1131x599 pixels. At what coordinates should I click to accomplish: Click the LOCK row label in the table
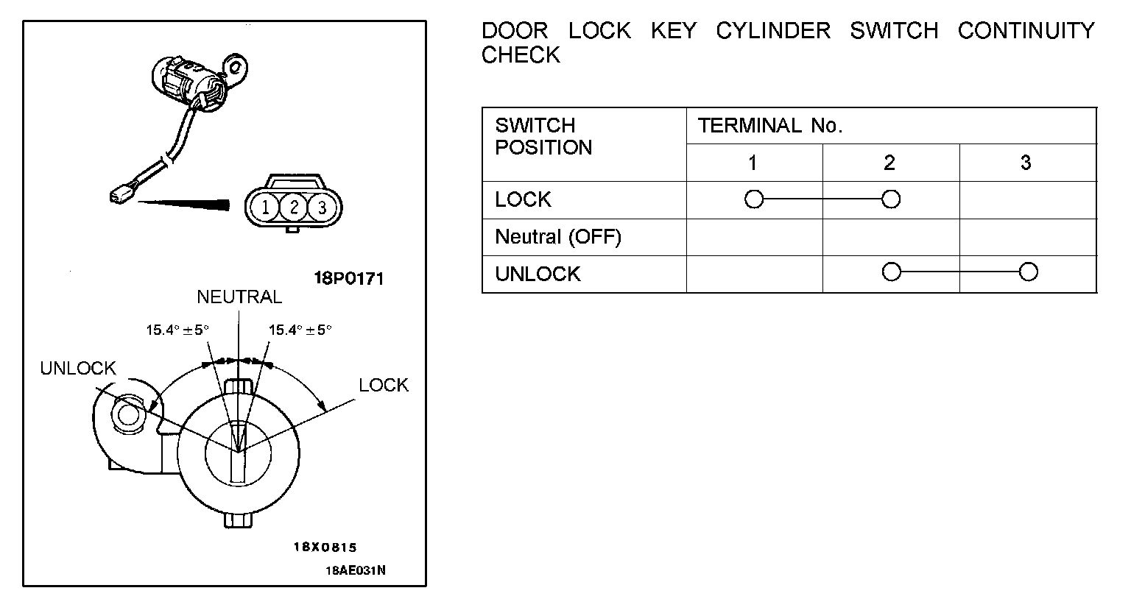pyautogui.click(x=523, y=199)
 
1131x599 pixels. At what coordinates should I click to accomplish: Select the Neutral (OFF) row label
pyautogui.click(x=558, y=237)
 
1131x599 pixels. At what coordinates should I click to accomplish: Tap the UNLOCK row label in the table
pyautogui.click(x=538, y=274)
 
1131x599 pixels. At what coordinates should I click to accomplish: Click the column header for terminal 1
pyautogui.click(x=753, y=163)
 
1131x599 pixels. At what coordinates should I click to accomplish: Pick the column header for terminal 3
pyautogui.click(x=1026, y=163)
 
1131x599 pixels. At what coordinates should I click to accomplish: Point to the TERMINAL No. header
pyautogui.click(x=769, y=126)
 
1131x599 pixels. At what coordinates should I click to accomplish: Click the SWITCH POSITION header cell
pyautogui.click(x=543, y=136)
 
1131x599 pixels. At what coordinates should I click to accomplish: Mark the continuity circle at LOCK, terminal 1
pyautogui.click(x=754, y=199)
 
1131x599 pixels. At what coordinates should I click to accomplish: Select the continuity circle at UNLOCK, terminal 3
pyautogui.click(x=1028, y=272)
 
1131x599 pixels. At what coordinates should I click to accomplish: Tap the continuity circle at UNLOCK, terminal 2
pyautogui.click(x=891, y=272)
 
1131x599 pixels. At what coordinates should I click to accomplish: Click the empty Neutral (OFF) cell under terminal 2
pyautogui.click(x=891, y=237)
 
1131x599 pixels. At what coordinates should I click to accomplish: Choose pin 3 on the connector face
pyautogui.click(x=322, y=208)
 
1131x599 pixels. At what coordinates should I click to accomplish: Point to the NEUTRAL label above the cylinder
pyautogui.click(x=239, y=297)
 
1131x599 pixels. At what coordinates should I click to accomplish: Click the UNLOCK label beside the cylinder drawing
pyautogui.click(x=78, y=368)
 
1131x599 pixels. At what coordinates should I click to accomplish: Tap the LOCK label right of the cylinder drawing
pyautogui.click(x=383, y=385)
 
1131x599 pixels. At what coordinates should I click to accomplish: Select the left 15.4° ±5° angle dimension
pyautogui.click(x=177, y=330)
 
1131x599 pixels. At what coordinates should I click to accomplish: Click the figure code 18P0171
pyautogui.click(x=348, y=279)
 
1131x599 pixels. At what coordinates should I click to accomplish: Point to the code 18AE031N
pyautogui.click(x=356, y=570)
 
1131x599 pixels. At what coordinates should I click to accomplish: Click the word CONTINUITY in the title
pyautogui.click(x=1026, y=31)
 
